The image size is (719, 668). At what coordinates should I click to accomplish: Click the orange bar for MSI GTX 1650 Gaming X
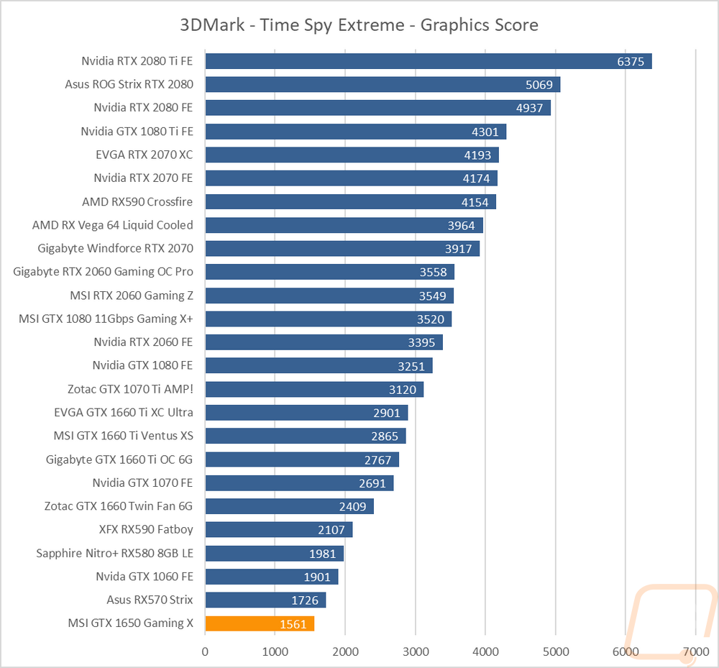pyautogui.click(x=260, y=623)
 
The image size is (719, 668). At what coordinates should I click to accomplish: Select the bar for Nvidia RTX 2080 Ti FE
pyautogui.click(x=429, y=61)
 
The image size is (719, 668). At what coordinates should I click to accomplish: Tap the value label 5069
pyautogui.click(x=539, y=85)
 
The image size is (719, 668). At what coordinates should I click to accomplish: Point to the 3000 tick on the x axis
pyautogui.click(x=416, y=651)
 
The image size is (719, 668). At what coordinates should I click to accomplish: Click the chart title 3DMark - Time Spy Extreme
pyautogui.click(x=292, y=24)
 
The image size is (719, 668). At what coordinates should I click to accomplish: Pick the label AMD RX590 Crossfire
pyautogui.click(x=137, y=202)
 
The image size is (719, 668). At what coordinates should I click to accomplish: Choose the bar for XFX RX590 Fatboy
pyautogui.click(x=279, y=530)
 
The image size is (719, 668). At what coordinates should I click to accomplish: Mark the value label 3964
pyautogui.click(x=462, y=226)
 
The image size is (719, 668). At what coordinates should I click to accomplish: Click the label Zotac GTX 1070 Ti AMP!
pyautogui.click(x=130, y=389)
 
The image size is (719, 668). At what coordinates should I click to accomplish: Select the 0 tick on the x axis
pyautogui.click(x=205, y=651)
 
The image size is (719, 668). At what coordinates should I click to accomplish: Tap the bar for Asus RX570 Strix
pyautogui.click(x=265, y=600)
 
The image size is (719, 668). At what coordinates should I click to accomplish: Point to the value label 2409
pyautogui.click(x=352, y=507)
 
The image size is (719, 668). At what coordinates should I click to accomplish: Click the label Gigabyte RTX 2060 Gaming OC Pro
pyautogui.click(x=103, y=272)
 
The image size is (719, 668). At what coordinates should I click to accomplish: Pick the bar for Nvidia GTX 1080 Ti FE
pyautogui.click(x=356, y=132)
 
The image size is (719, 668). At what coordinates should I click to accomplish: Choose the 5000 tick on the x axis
pyautogui.click(x=556, y=651)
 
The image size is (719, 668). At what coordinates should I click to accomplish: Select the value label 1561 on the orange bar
pyautogui.click(x=293, y=624)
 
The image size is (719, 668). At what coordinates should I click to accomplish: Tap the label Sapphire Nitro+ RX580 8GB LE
pyautogui.click(x=114, y=554)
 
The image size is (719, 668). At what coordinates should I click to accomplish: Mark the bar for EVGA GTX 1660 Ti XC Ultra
pyautogui.click(x=306, y=413)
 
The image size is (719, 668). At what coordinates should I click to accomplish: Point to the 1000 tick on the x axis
pyautogui.click(x=275, y=651)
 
